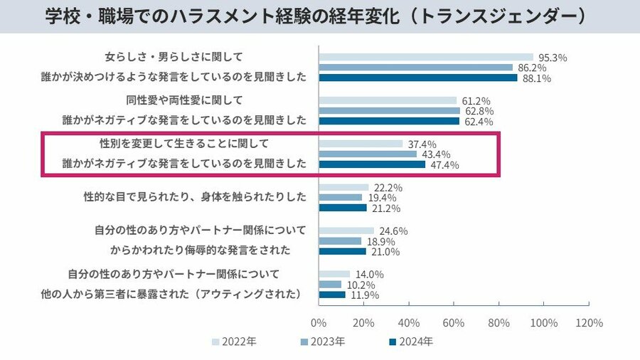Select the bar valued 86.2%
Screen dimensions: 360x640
click(x=415, y=68)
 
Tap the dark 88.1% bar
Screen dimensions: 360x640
click(x=417, y=78)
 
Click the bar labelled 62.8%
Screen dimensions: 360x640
click(x=389, y=111)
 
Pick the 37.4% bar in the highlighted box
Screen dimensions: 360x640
click(x=361, y=144)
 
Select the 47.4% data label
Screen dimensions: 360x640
click(x=443, y=165)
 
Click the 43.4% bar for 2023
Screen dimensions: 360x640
click(x=367, y=154)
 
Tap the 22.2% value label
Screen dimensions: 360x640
click(x=388, y=187)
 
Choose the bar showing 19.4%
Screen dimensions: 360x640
click(x=340, y=198)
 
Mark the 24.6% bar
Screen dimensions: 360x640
click(x=346, y=231)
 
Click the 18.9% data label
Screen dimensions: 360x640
click(x=380, y=241)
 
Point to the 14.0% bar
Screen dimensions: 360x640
click(x=334, y=274)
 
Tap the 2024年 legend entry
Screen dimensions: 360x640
click(x=411, y=342)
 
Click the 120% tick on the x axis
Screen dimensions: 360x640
click(x=589, y=322)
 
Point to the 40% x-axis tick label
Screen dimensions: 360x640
click(x=409, y=322)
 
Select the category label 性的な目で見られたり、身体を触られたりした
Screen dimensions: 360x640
click(x=195, y=197)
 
